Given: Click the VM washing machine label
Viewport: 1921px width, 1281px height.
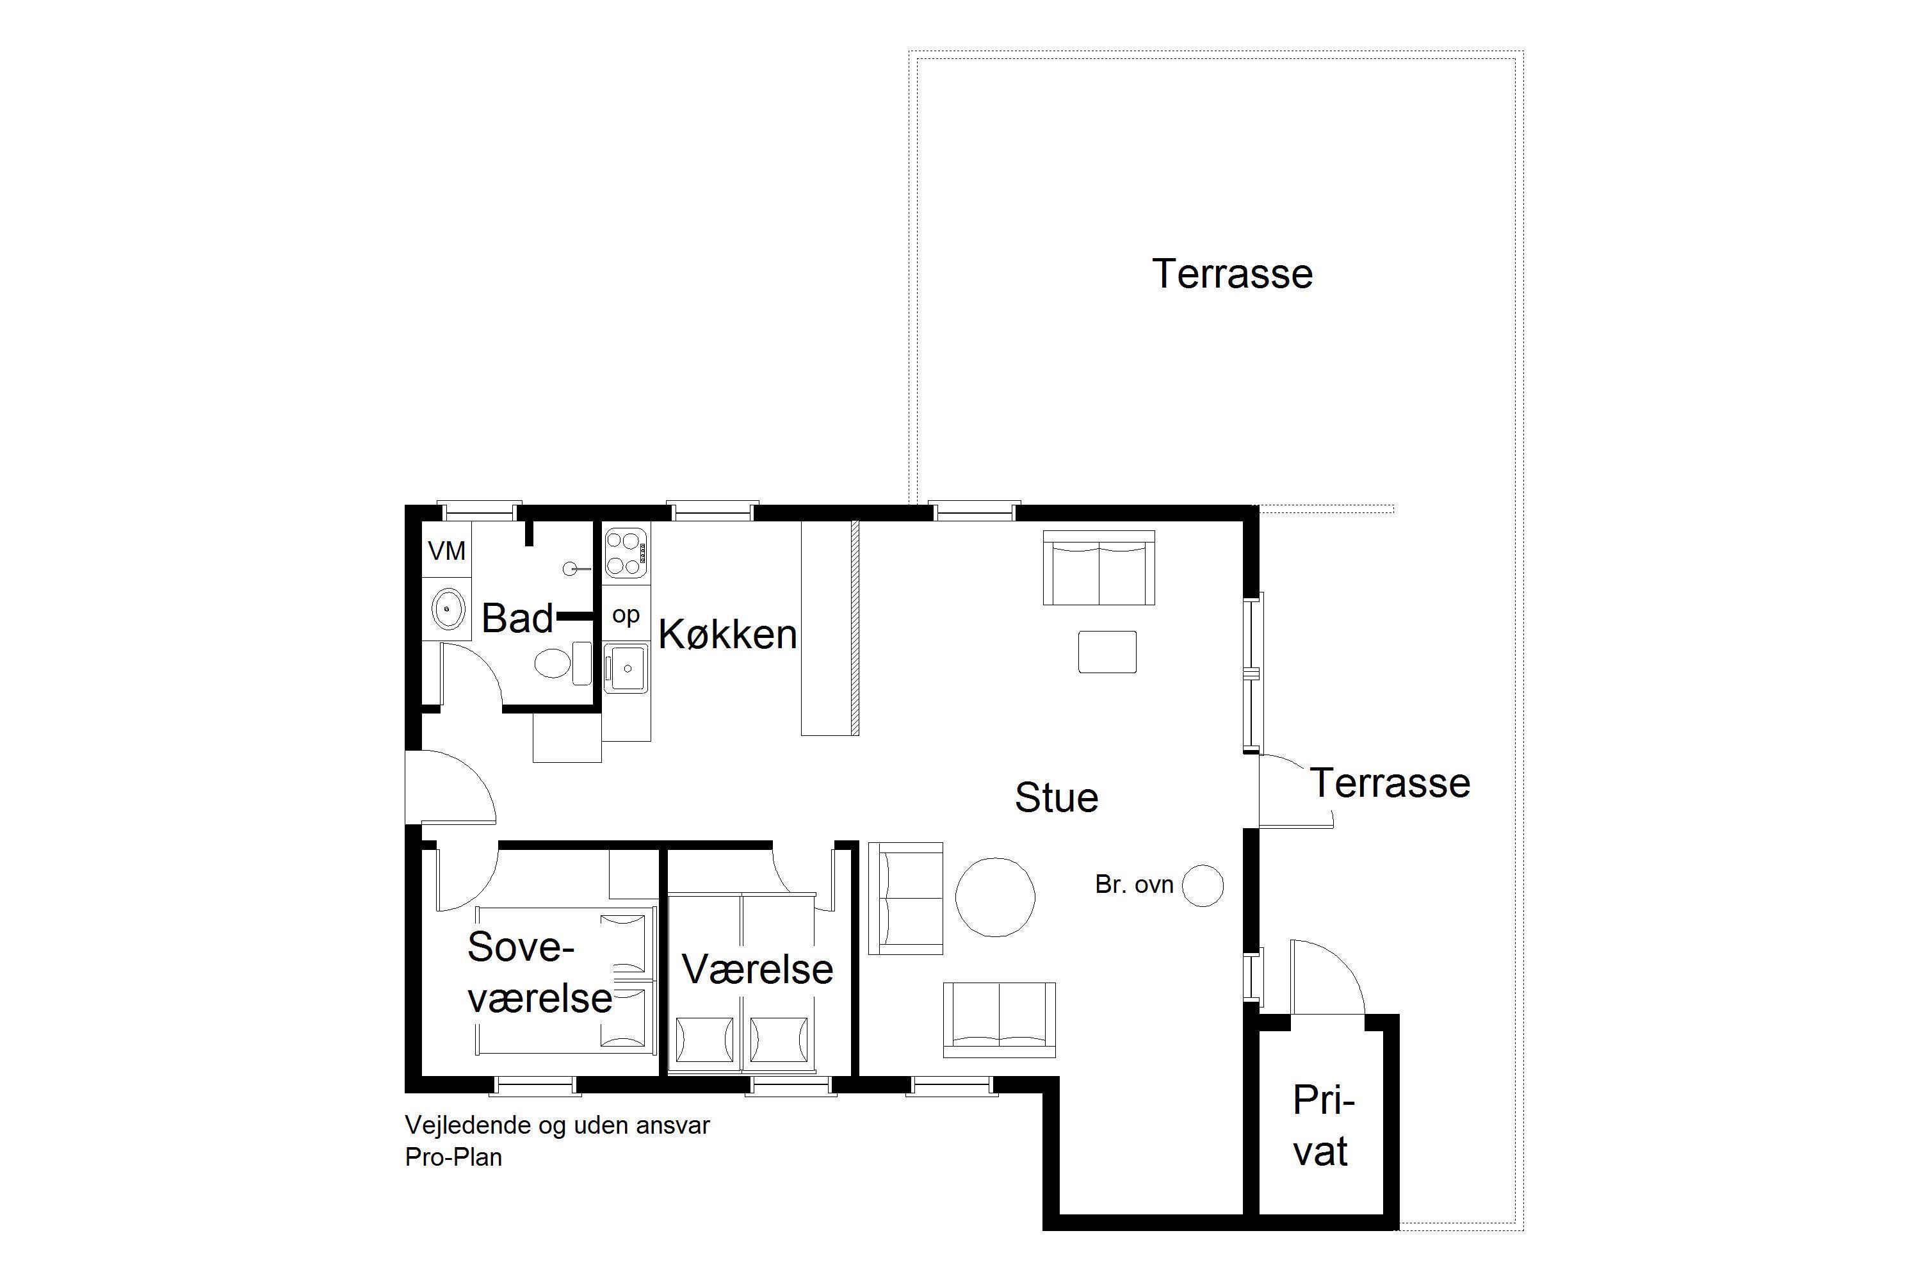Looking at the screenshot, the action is pos(447,551).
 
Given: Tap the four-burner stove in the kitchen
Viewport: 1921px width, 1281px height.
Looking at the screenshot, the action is pos(626,553).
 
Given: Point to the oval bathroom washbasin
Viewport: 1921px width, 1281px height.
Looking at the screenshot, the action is pos(448,608).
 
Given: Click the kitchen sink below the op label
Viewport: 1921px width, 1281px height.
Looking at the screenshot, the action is pos(626,668).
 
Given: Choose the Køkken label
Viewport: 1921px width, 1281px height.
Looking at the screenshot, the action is pos(727,634).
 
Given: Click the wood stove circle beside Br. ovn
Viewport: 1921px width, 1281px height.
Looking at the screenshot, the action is pos(1203,886).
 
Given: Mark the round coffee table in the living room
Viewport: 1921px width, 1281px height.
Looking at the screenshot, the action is pos(995,897).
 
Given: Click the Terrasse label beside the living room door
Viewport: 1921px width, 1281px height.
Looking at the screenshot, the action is pos(1390,783).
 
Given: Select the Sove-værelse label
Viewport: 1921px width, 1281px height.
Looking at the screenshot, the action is pos(539,972).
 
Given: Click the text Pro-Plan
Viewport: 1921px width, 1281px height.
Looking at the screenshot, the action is pos(453,1157).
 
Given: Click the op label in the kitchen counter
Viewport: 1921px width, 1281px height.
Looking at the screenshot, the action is pos(626,615).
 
